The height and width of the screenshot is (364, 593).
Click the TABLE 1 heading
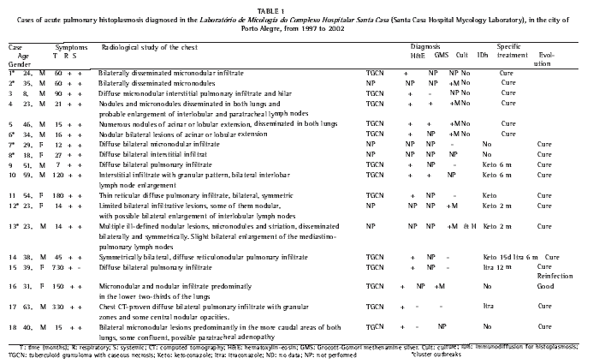point(296,6)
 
